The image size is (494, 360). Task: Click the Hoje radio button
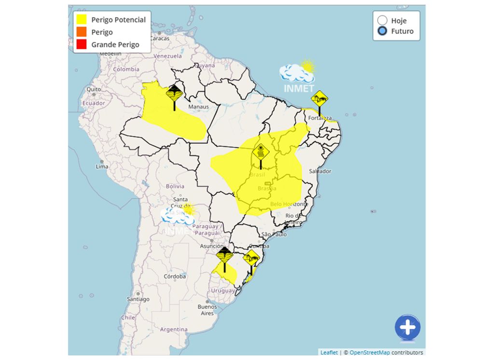click(383, 20)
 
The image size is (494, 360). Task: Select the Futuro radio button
click(383, 31)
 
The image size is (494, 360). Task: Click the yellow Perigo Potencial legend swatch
click(81, 20)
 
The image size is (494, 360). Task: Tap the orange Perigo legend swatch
click(81, 32)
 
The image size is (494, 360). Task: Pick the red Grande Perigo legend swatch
click(81, 45)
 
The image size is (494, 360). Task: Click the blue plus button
click(408, 328)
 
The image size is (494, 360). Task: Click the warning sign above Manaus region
click(174, 94)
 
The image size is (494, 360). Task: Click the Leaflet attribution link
click(329, 353)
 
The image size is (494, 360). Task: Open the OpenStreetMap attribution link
click(370, 353)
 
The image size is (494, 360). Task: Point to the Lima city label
click(102, 166)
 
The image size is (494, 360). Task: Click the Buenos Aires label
click(207, 310)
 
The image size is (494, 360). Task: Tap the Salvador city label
click(320, 171)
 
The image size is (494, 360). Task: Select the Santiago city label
click(138, 299)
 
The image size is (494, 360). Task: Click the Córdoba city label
click(175, 277)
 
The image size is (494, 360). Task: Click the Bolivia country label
click(175, 186)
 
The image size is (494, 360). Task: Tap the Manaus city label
click(199, 107)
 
